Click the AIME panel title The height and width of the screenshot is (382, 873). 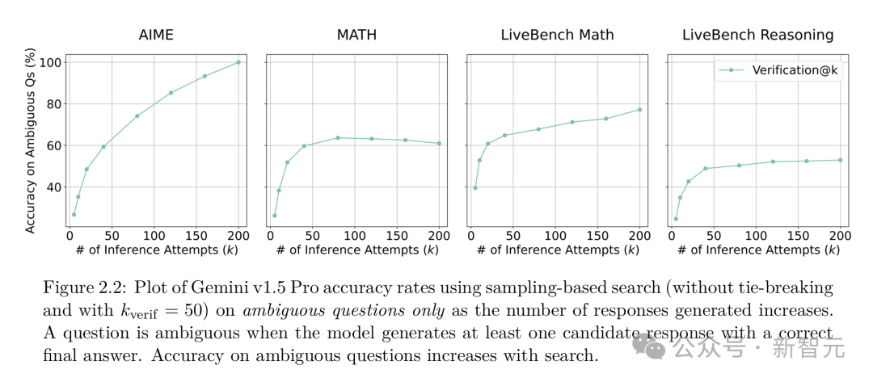155,35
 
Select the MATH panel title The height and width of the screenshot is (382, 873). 356,35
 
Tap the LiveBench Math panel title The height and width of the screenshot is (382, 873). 557,35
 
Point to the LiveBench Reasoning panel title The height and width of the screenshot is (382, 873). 757,35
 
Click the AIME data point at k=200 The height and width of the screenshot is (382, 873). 238,62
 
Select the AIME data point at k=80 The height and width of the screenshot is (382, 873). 137,115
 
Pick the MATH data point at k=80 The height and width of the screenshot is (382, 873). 338,137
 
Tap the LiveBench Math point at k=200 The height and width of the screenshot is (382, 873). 639,110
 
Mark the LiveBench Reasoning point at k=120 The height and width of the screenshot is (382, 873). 773,162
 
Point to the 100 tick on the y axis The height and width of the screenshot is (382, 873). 51,63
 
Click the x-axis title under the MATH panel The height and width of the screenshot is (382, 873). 356,250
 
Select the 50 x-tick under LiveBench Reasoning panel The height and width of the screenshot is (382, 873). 713,235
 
